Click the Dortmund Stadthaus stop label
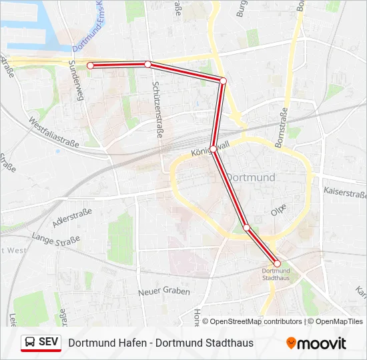click(x=276, y=274)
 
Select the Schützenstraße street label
click(x=157, y=111)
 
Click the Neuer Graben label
click(x=163, y=291)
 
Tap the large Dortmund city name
click(x=251, y=177)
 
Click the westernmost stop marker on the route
click(x=90, y=65)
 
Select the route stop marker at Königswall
click(x=213, y=148)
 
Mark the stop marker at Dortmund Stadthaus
click(x=277, y=263)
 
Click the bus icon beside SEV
click(x=30, y=343)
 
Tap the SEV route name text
click(x=49, y=343)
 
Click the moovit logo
click(x=316, y=343)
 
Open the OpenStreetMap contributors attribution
click(x=253, y=321)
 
